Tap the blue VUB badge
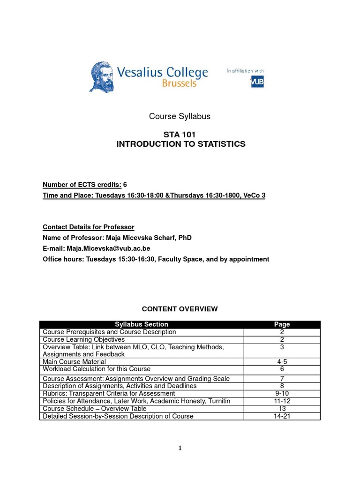tap(257, 82)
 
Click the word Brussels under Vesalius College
tap(179, 83)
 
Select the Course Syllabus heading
tap(180, 116)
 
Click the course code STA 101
tap(180, 135)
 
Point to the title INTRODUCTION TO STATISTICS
tap(180, 144)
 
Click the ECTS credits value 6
tap(125, 185)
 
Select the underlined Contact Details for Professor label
tap(89, 227)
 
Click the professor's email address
tap(108, 248)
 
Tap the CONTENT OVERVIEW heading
tap(180, 308)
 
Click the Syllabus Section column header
tap(142, 324)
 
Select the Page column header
tap(282, 324)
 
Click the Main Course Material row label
tap(74, 362)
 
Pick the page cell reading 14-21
tap(282, 416)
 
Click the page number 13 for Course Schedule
tap(282, 409)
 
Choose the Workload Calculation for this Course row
tap(97, 369)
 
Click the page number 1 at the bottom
tap(180, 448)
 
